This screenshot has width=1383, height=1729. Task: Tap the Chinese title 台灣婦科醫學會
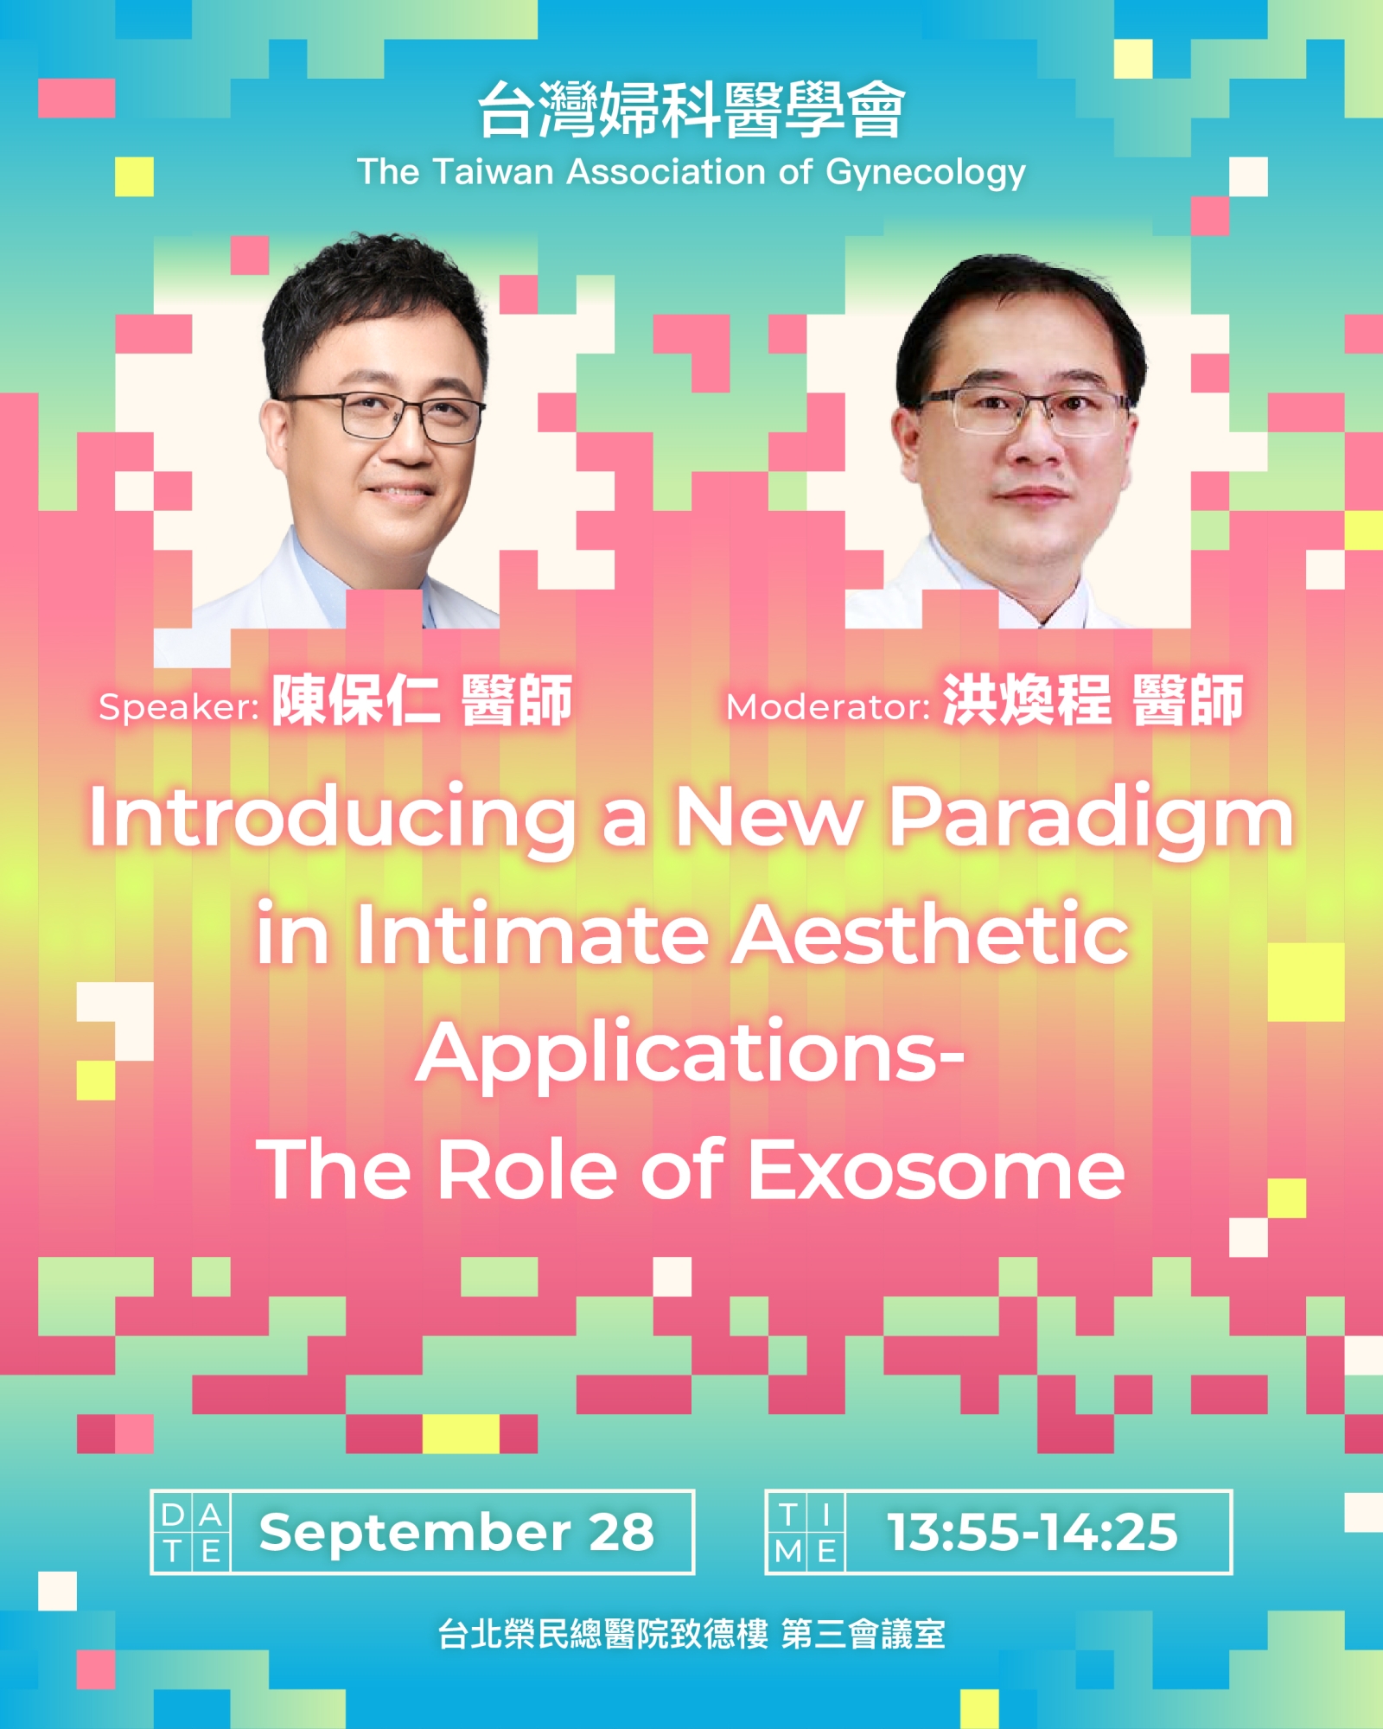click(x=691, y=110)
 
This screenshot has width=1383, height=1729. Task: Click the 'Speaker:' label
click(x=179, y=708)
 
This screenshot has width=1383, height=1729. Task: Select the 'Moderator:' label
click(x=828, y=707)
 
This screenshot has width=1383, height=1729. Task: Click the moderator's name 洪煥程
click(x=1027, y=700)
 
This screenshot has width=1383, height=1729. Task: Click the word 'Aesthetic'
click(x=931, y=935)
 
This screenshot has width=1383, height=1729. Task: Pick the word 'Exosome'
click(x=936, y=1171)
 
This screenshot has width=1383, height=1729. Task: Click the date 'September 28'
click(x=456, y=1533)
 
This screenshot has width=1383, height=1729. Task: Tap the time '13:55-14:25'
click(x=1033, y=1533)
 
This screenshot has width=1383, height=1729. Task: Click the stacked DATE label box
click(x=191, y=1532)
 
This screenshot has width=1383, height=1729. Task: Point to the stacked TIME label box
click(x=806, y=1532)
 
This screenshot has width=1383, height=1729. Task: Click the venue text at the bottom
click(x=691, y=1635)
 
